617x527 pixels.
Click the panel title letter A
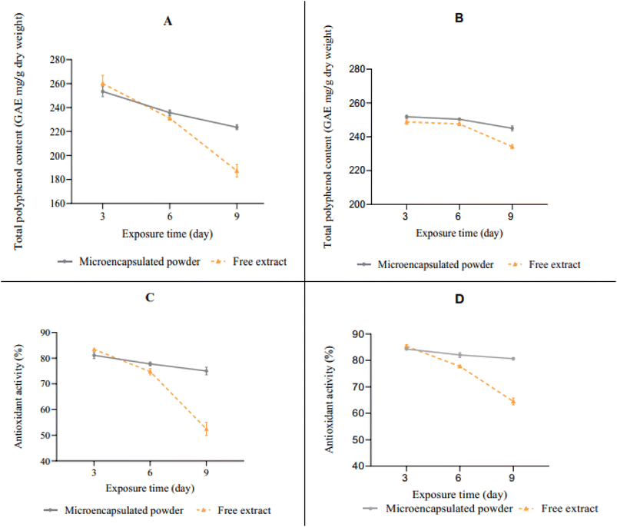[168, 21]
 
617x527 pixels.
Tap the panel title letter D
[459, 300]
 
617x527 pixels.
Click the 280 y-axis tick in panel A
[58, 60]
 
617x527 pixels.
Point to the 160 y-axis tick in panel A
[58, 204]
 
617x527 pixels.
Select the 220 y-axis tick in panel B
[357, 171]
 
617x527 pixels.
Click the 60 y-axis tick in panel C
[45, 409]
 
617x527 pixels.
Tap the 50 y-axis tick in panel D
[359, 439]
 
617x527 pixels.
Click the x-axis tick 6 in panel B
[458, 217]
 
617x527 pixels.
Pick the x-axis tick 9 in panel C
[206, 472]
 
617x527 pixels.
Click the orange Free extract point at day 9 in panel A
[237, 171]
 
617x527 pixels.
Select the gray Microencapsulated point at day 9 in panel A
[237, 128]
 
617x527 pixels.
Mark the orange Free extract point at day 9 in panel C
[206, 429]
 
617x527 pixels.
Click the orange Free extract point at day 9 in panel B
[512, 147]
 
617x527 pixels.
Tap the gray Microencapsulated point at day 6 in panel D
[459, 355]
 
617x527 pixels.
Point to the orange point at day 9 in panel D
[513, 402]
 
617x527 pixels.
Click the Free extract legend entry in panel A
[249, 262]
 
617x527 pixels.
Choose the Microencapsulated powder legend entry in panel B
[426, 265]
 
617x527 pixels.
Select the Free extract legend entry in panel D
[559, 509]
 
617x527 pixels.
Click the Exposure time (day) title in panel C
[150, 489]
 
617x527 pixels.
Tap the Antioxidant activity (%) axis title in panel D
[329, 399]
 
